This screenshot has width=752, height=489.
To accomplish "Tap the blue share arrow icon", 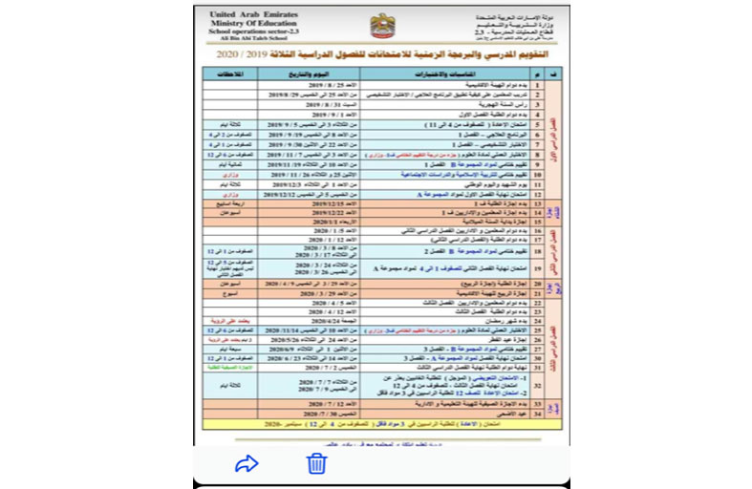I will [x=247, y=464].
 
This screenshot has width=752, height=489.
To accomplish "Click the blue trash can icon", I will [x=316, y=464].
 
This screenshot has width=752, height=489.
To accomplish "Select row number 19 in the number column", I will [x=538, y=268].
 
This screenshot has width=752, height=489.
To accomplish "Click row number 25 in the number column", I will [x=538, y=330].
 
